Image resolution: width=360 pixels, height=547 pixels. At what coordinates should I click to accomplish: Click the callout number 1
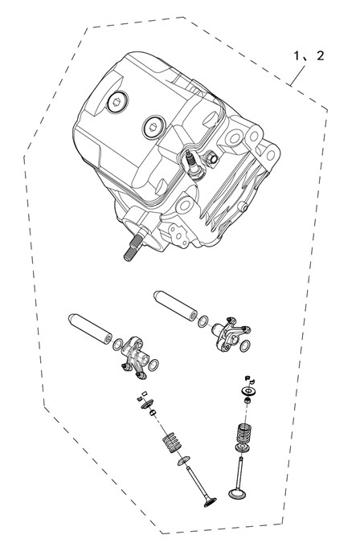(x=297, y=55)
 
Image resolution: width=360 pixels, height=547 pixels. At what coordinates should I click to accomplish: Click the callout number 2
(x=321, y=55)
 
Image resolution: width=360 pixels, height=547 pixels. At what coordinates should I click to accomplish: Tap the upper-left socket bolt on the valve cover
(x=117, y=101)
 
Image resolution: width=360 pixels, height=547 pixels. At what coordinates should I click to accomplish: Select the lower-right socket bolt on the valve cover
(x=153, y=127)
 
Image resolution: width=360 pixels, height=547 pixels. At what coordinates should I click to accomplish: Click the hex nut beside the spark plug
(x=211, y=158)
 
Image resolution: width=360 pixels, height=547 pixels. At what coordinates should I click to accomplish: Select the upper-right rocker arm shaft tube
(x=175, y=305)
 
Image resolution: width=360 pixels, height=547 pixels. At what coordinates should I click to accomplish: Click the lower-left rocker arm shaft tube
(x=91, y=329)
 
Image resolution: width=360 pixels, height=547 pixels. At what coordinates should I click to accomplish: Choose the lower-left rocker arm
(x=135, y=357)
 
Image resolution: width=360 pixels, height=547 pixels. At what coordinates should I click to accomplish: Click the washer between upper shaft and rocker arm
(x=203, y=321)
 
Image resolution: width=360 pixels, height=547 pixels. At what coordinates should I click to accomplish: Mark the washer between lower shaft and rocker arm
(x=118, y=345)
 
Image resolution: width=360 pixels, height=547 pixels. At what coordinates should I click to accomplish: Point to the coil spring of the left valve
(x=172, y=442)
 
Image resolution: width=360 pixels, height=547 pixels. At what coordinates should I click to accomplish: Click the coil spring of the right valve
(x=244, y=434)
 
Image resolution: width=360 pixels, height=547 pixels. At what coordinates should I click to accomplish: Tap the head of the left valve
(x=210, y=502)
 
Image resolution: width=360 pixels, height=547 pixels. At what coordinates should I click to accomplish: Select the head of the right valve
(x=237, y=494)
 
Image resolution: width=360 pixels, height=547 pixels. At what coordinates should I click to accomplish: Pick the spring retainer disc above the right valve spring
(x=248, y=390)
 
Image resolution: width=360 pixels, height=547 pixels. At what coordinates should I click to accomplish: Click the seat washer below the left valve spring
(x=183, y=460)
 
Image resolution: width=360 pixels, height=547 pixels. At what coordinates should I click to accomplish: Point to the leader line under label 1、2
(x=297, y=76)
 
